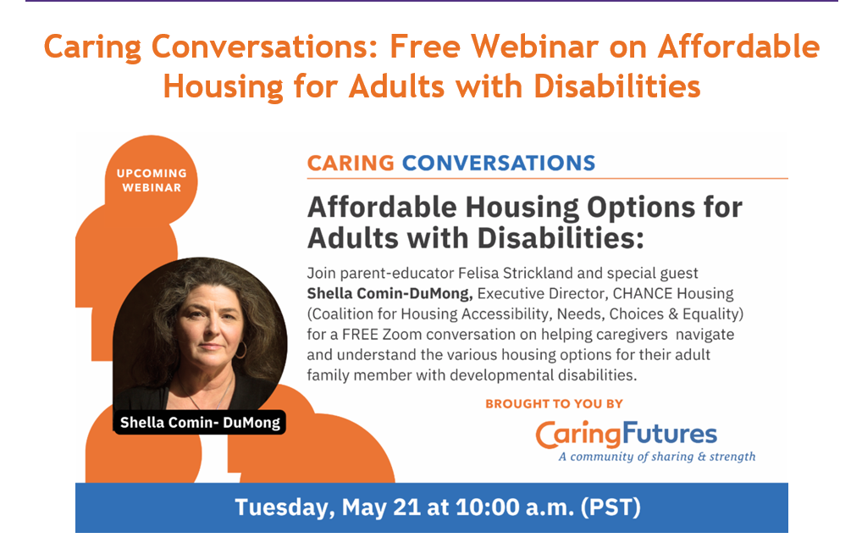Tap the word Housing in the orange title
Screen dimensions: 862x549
point(224,87)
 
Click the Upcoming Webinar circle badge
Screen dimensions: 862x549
point(152,180)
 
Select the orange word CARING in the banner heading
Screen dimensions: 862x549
point(351,163)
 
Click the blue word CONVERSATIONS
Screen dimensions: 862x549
point(499,163)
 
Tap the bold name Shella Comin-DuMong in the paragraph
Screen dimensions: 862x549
point(390,294)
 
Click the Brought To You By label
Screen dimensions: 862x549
point(554,404)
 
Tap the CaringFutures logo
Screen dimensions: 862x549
point(626,434)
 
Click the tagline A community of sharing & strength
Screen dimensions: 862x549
point(657,457)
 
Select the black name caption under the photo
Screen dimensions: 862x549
point(200,423)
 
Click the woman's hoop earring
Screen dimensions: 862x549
point(240,350)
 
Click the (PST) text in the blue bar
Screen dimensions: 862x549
point(611,507)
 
